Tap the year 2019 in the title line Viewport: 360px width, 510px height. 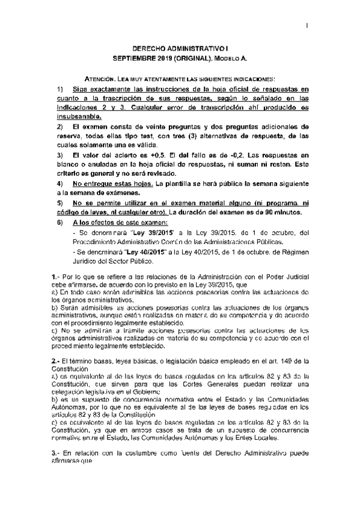164,59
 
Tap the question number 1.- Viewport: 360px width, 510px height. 55,275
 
